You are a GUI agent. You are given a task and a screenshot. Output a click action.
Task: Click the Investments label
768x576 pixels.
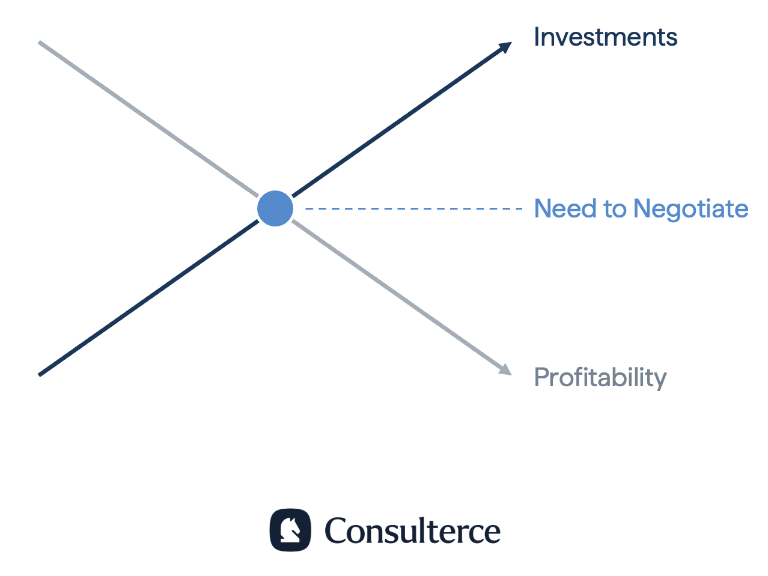click(605, 37)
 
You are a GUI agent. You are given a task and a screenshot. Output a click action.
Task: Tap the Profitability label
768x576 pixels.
click(600, 378)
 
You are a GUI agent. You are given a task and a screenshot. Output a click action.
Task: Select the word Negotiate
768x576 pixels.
click(691, 209)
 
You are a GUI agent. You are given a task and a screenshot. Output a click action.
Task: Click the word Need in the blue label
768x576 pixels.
click(565, 208)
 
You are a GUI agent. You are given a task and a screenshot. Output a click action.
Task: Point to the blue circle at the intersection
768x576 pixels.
click(275, 208)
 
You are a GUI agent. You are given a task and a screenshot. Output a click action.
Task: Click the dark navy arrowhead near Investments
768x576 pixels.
click(505, 47)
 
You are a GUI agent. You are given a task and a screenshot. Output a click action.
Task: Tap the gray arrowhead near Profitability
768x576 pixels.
click(505, 370)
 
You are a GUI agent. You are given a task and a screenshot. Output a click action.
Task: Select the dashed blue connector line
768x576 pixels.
click(413, 209)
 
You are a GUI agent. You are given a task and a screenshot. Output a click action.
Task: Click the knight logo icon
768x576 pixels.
click(290, 530)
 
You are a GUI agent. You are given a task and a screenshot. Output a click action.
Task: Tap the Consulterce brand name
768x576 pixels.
click(413, 531)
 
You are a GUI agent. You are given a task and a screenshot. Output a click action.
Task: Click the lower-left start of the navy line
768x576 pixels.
click(39, 375)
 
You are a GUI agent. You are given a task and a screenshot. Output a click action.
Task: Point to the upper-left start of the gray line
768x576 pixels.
click(39, 42)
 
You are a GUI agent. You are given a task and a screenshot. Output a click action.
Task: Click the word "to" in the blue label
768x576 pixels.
click(615, 209)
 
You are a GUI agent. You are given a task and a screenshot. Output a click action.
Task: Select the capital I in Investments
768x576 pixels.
click(537, 37)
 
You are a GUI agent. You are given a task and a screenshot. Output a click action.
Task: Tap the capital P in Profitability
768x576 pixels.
click(541, 377)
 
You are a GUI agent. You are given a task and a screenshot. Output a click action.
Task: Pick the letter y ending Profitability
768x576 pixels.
click(660, 381)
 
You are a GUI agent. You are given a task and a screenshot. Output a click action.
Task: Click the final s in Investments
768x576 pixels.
click(671, 40)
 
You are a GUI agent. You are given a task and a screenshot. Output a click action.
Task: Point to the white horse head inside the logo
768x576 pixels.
click(290, 530)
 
